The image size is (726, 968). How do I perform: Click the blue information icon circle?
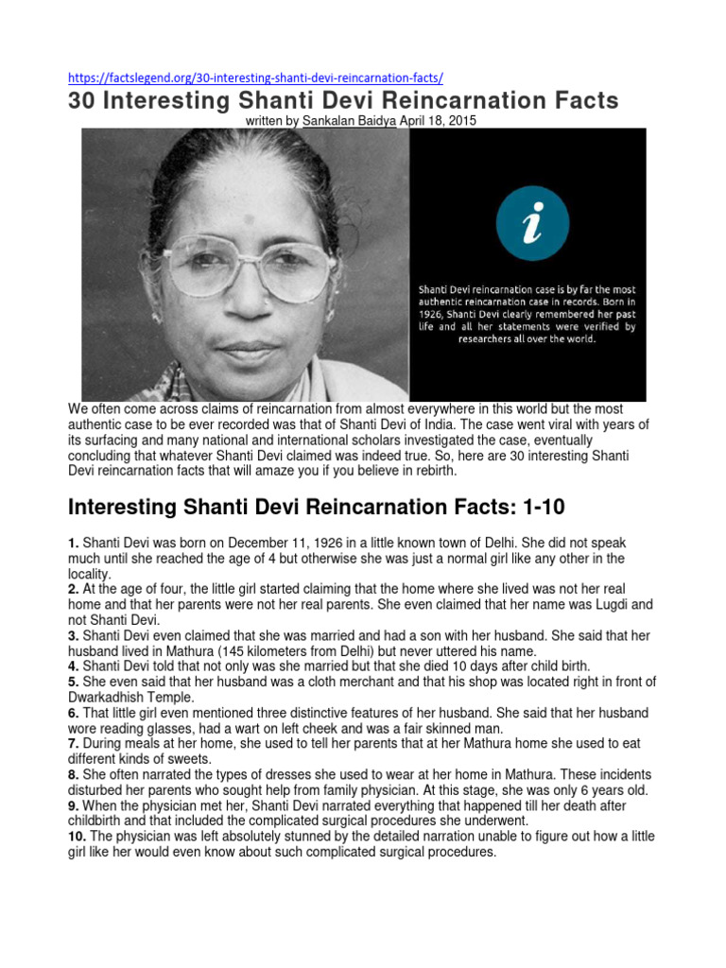tap(533, 222)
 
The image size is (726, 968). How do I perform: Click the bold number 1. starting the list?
tap(74, 544)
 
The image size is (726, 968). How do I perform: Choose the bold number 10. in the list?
tap(78, 837)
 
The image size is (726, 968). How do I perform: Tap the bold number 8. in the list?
tap(74, 775)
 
